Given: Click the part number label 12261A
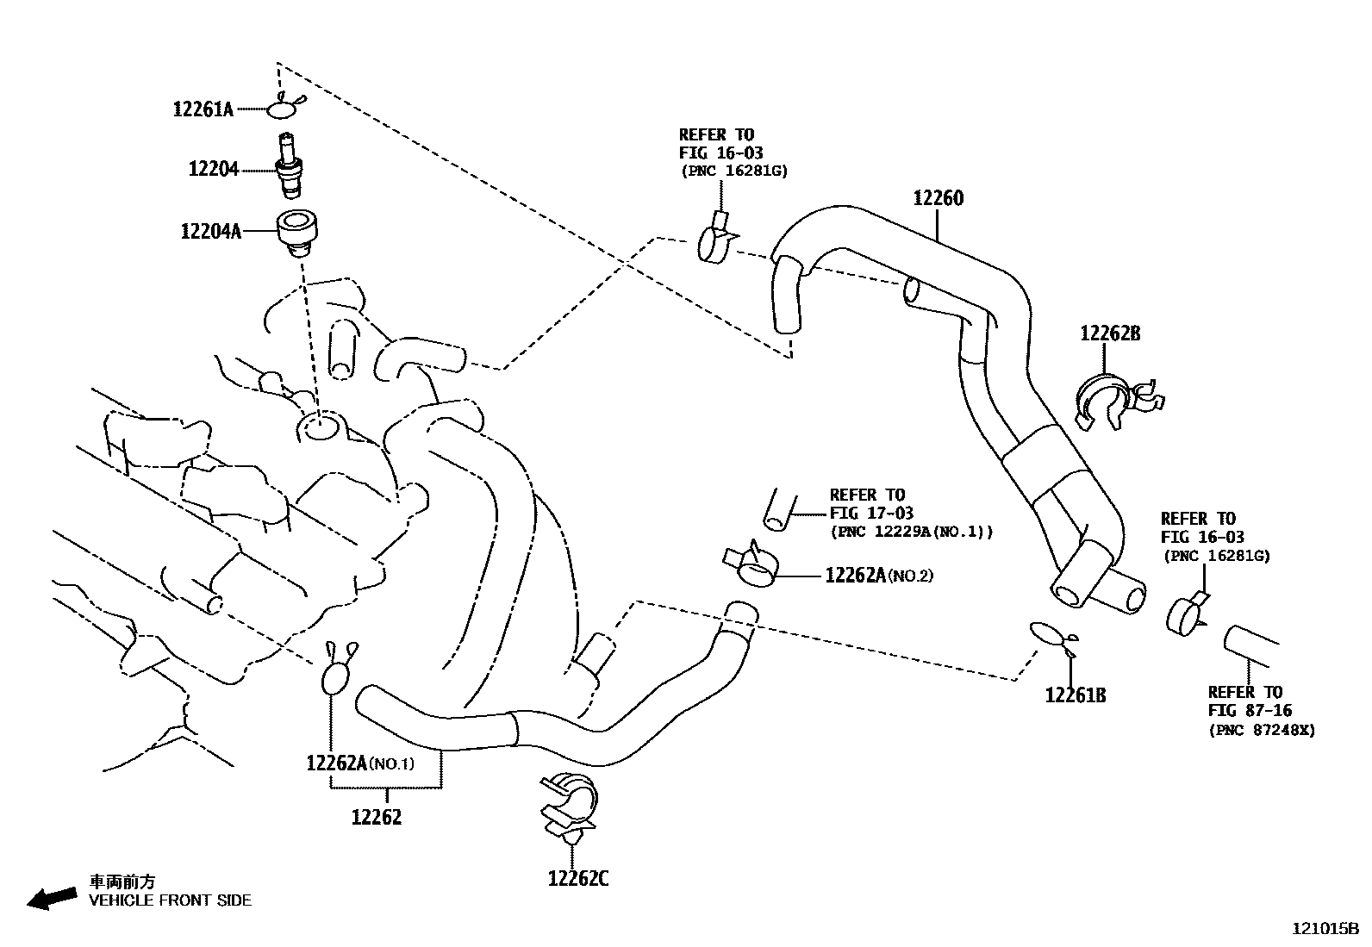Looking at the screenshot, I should pyautogui.click(x=203, y=109).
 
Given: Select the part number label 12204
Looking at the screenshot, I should pyautogui.click(x=214, y=170).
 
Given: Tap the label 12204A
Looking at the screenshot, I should pyautogui.click(x=211, y=232).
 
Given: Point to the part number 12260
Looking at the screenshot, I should pyautogui.click(x=938, y=198).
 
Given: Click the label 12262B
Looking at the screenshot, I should pyautogui.click(x=1110, y=333).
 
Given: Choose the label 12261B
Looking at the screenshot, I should pyautogui.click(x=1075, y=695).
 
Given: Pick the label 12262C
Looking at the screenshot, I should pyautogui.click(x=578, y=879).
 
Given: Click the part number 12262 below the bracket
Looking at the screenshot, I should pyautogui.click(x=377, y=817).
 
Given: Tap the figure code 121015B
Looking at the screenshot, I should pyautogui.click(x=1325, y=929).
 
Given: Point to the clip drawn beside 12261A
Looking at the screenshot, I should pyautogui.click(x=283, y=109).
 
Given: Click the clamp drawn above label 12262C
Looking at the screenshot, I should pyautogui.click(x=569, y=806).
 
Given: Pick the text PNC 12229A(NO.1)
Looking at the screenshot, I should pyautogui.click(x=911, y=532).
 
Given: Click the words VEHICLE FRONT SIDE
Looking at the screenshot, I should pyautogui.click(x=171, y=900).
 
